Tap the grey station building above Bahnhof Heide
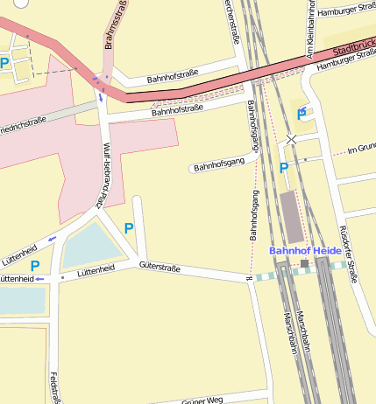pyautogui.click(x=289, y=217)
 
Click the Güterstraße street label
pyautogui.click(x=160, y=268)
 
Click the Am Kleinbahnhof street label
pyautogui.click(x=310, y=26)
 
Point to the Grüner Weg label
pyautogui.click(x=202, y=400)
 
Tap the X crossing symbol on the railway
pyautogui.click(x=292, y=139)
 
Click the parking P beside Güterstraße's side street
pyautogui.click(x=129, y=228)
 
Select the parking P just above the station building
pyautogui.click(x=283, y=168)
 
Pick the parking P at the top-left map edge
pyautogui.click(x=4, y=63)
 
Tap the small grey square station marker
pyautogui.click(x=304, y=263)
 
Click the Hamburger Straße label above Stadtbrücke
pyautogui.click(x=345, y=10)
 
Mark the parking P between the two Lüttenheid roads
pyautogui.click(x=35, y=266)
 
